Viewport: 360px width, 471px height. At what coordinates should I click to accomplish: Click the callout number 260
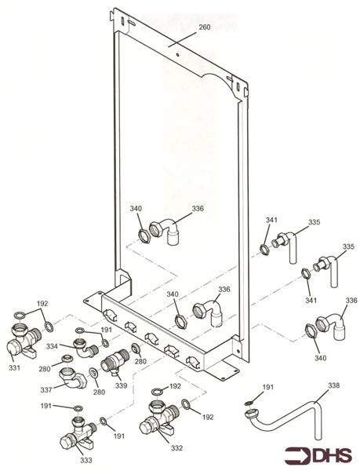(x=204, y=27)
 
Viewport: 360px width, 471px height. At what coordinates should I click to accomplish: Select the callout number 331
(x=15, y=367)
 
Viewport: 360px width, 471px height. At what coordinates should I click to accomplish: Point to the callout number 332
(x=177, y=448)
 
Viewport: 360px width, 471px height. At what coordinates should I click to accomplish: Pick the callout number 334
(x=50, y=346)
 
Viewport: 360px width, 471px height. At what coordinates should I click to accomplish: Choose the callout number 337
(x=48, y=389)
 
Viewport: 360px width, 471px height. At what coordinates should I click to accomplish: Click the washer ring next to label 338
(x=249, y=404)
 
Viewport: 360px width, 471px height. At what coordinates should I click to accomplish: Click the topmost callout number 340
(x=136, y=209)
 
